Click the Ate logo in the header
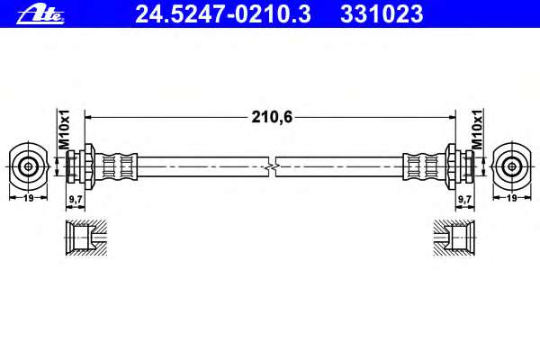point(40,14)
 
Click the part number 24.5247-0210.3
point(223,14)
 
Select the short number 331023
point(382,14)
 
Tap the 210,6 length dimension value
point(272,117)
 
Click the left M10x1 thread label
point(64,130)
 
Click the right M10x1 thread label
point(477,130)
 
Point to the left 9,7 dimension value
point(75,199)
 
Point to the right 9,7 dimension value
point(465,199)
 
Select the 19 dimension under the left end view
point(28,198)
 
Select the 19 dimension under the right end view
point(512,198)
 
